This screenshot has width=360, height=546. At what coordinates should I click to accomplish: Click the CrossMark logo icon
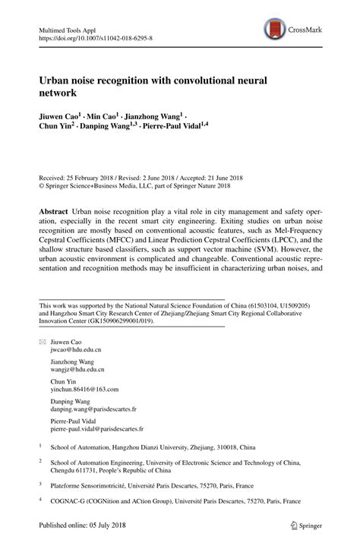pyautogui.click(x=273, y=30)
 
